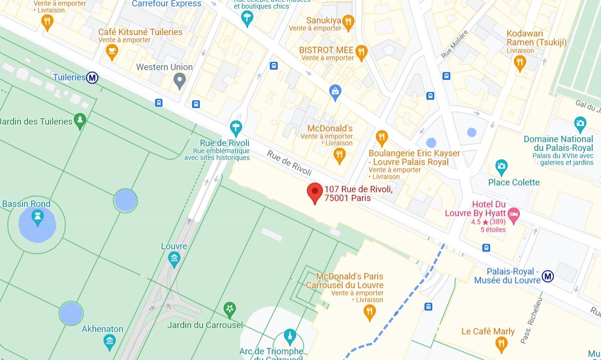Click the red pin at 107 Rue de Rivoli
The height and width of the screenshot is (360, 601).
tap(315, 193)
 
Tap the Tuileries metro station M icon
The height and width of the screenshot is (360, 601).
tap(92, 77)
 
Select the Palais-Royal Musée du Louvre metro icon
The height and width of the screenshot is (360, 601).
tap(548, 276)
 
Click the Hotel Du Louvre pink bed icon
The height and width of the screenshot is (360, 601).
tap(513, 214)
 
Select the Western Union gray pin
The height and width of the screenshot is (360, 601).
tap(179, 80)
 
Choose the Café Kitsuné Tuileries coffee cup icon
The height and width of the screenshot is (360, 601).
tap(112, 51)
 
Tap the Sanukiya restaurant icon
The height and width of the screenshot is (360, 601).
tap(348, 21)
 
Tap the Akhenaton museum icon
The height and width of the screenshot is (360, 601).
tap(109, 341)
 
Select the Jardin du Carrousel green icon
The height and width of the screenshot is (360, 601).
tap(230, 308)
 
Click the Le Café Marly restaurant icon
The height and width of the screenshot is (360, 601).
tap(501, 344)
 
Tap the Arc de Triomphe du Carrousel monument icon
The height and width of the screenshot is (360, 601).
tap(290, 336)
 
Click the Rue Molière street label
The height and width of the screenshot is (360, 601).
tap(454, 44)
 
